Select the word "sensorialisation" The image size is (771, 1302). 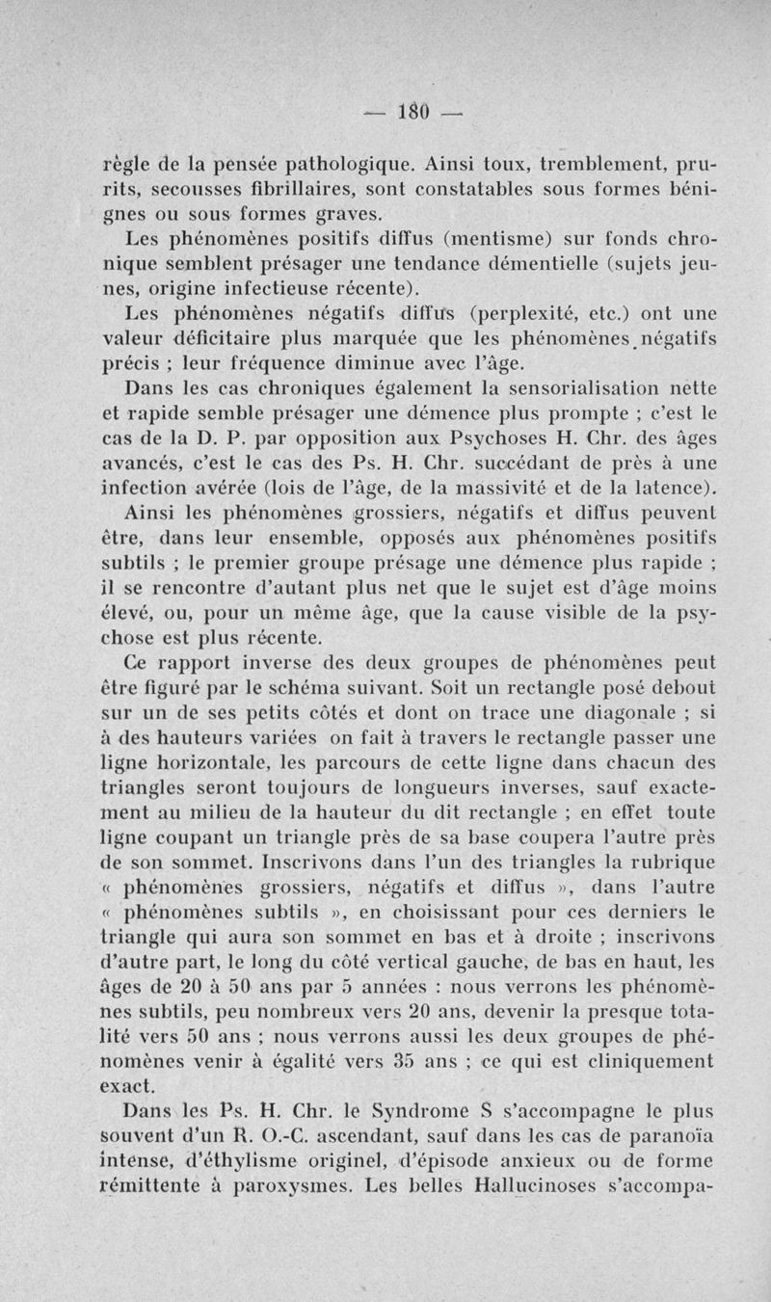(x=557, y=389)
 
